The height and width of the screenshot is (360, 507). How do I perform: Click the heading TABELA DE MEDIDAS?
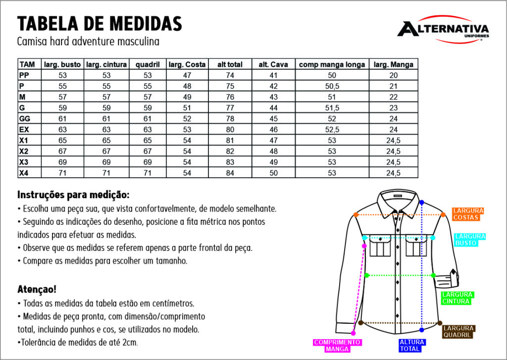[x=100, y=23]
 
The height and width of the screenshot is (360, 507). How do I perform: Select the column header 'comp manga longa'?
[x=332, y=64]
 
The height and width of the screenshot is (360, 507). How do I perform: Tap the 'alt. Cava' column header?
[x=273, y=64]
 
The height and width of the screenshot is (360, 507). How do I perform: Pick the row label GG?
[x=25, y=119]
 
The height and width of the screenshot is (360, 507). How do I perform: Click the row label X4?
[x=24, y=173]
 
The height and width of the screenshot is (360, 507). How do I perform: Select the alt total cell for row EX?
[x=230, y=130]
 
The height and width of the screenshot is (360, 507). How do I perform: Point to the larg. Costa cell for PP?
[x=187, y=75]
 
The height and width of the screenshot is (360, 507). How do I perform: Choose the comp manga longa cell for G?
[x=332, y=108]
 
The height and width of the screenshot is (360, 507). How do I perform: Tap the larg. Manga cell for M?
[x=393, y=97]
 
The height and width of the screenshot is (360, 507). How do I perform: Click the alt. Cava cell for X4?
[x=273, y=173]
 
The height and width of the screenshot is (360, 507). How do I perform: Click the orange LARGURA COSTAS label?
[x=468, y=214]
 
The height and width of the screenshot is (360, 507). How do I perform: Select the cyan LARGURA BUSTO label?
[x=470, y=240]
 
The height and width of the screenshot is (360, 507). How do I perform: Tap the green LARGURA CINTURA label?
[x=457, y=298]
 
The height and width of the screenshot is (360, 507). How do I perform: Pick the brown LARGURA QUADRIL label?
[x=458, y=332]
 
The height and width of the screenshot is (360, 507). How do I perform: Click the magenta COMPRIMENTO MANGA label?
[x=338, y=346]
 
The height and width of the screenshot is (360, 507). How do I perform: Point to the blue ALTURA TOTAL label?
[x=412, y=346]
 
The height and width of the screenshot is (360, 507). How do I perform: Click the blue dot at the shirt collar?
[x=421, y=203]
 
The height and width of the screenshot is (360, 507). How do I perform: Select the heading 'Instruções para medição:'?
[x=73, y=195]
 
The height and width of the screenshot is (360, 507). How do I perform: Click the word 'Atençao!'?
[x=37, y=289]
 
